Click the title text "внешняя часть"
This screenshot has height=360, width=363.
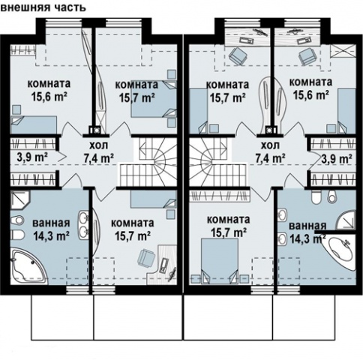pos(43,7)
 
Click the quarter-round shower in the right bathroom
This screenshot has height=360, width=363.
pos(346,220)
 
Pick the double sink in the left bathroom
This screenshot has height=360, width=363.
pos(84,225)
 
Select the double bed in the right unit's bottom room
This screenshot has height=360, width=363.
pos(219,261)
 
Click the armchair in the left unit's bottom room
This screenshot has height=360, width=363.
pos(145,256)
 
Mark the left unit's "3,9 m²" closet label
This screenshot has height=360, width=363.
pos(32,158)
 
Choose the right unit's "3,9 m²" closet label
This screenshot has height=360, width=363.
pos(337,158)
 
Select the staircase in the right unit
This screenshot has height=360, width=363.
pos(218,162)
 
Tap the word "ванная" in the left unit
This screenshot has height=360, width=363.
pos(51,223)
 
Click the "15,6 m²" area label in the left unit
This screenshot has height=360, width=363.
pos(50,97)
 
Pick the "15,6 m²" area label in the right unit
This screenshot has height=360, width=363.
pos(310,95)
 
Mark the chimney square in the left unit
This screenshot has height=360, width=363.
pos(95,130)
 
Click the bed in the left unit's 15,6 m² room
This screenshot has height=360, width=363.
pos(34,125)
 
